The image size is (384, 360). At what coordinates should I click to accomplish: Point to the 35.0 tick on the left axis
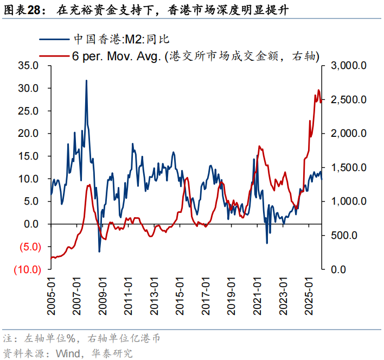pos(28,66)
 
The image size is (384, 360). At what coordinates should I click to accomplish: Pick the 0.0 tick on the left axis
pos(31,224)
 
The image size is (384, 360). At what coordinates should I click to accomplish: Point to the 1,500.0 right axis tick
pos(347,168)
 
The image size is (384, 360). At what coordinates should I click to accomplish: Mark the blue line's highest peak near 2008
pos(86,80)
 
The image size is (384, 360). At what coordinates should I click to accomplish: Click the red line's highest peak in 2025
pos(318,90)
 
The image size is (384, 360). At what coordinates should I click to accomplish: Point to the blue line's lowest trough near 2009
pos(99,251)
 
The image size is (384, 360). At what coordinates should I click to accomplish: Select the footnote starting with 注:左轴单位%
pos(81,338)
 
